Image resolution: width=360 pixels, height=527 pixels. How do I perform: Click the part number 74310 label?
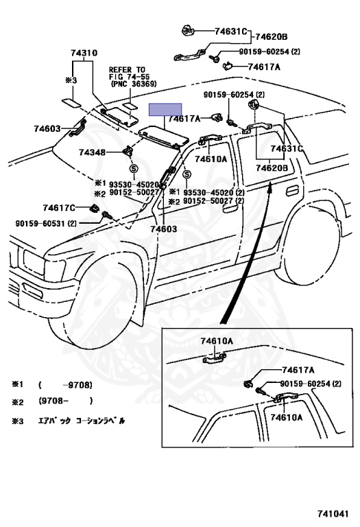[x=84, y=53]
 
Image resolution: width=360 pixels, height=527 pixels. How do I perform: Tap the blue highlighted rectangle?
[x=165, y=110]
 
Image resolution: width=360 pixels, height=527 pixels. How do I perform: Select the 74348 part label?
[x=93, y=152]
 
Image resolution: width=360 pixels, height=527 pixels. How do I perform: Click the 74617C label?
[x=59, y=208]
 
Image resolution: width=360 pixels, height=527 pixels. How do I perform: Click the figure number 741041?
[x=333, y=513]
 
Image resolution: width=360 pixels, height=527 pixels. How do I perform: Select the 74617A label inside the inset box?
[x=298, y=370]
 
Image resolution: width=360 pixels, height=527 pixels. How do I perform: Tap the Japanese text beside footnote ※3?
[x=82, y=421]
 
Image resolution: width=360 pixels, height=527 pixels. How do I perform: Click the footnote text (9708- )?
[x=65, y=401]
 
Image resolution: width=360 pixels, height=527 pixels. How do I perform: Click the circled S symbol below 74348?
[x=134, y=168]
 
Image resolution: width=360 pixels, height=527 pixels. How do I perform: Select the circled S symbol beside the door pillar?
[x=187, y=174]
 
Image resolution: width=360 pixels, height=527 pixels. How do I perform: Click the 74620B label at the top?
[x=272, y=37]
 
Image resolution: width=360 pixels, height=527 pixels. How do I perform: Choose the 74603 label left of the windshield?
[x=47, y=128]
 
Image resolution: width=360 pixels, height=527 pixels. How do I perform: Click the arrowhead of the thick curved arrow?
[x=269, y=185]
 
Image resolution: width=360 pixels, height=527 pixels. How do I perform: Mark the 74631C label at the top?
[x=231, y=32]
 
